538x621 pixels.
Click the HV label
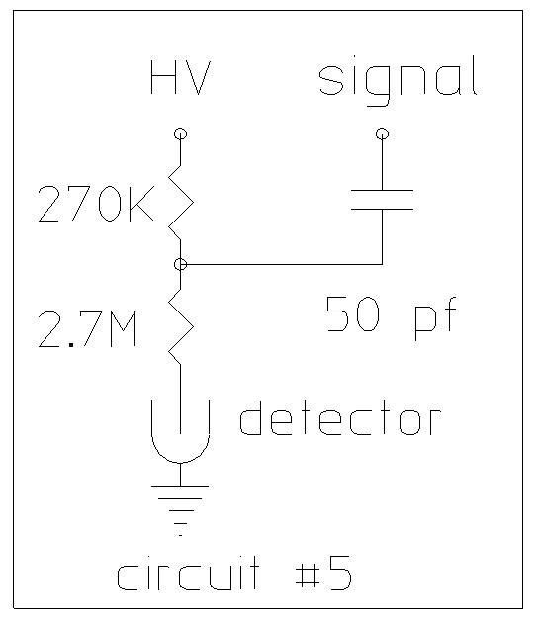coord(180,77)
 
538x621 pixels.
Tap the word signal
coord(399,81)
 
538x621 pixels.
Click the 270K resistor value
coord(96,205)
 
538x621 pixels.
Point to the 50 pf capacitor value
coord(391,316)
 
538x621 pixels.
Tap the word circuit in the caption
coord(188,573)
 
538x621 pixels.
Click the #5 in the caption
coord(323,573)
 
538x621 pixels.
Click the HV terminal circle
coord(180,133)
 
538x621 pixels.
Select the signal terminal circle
coord(382,133)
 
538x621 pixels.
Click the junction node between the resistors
coord(180,264)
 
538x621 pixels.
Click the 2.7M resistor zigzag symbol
coord(181,326)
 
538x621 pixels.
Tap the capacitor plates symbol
coord(382,200)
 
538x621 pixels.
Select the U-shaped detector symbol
coord(180,462)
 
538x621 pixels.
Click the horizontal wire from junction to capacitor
coord(284,264)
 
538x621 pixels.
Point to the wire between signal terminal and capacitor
coord(382,165)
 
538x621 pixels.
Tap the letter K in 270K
coord(141,205)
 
